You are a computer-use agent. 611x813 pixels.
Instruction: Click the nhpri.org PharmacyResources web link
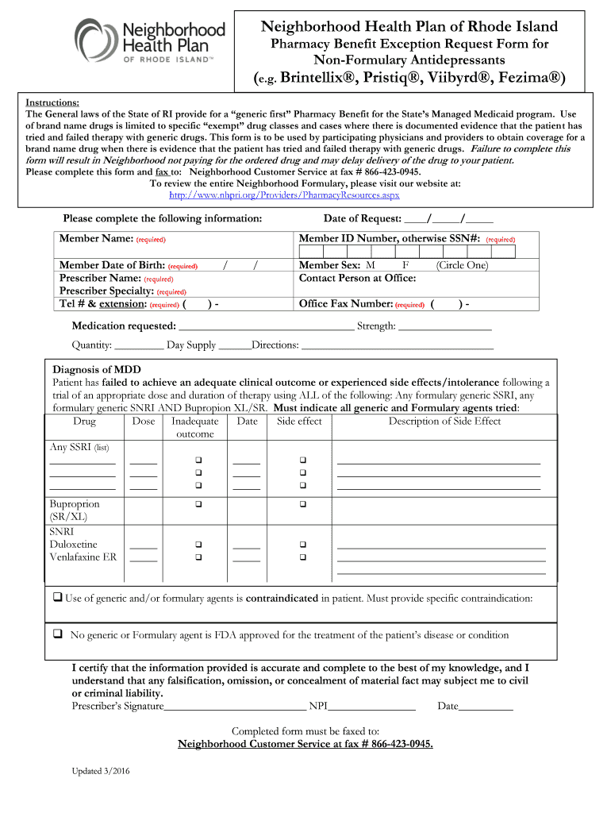coord(284,195)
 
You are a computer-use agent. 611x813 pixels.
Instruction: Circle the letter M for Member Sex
coord(371,265)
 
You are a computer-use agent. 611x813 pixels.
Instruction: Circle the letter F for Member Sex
coord(405,265)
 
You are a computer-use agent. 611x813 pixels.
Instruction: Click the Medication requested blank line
coord(267,326)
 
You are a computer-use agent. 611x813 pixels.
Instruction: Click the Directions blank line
coord(398,345)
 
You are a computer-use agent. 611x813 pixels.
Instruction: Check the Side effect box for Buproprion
coord(302,505)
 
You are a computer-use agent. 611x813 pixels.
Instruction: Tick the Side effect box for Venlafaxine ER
coord(302,557)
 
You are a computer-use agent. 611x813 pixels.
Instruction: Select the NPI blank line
coord(371,706)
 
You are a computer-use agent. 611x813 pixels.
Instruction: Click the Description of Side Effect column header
coord(444,422)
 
